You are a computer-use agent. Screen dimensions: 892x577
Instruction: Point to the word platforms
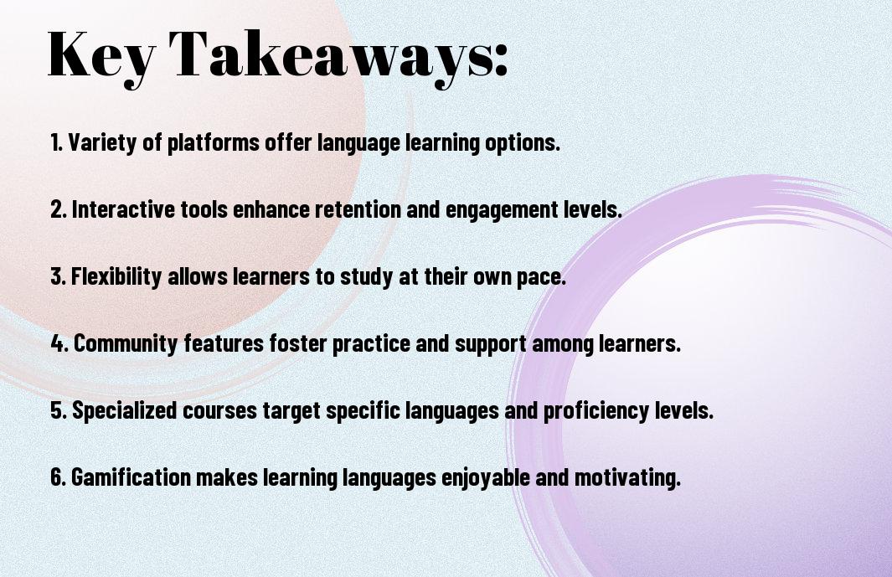point(214,142)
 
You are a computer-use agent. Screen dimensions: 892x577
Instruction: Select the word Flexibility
point(116,276)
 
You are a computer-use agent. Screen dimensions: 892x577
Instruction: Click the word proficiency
point(596,410)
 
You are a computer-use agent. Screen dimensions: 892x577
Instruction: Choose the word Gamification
point(131,477)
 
